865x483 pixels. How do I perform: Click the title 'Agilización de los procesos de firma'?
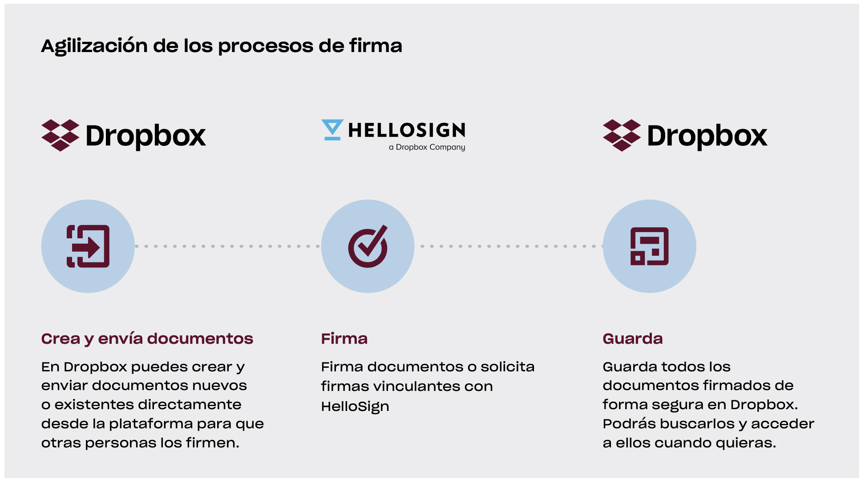pos(222,46)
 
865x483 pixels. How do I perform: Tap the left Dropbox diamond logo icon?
pos(60,135)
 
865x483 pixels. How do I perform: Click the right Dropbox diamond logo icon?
pos(622,135)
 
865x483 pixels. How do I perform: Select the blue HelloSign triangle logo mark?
pos(332,129)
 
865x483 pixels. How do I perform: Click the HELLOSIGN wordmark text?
pos(407,130)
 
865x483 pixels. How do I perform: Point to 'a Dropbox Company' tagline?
pos(427,147)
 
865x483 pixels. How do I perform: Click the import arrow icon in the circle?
pos(88,246)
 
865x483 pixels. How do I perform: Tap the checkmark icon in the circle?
pos(368,246)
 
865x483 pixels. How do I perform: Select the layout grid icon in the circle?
pos(649,246)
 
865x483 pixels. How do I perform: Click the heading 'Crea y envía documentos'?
pos(147,339)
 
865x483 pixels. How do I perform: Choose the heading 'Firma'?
pos(344,339)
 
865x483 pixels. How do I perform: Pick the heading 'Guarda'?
pos(633,339)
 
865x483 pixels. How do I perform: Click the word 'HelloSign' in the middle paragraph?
pos(355,407)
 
